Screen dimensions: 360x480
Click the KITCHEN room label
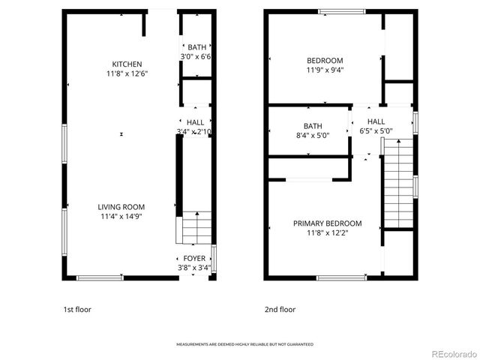coord(127,64)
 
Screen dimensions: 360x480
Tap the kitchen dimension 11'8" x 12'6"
coord(127,73)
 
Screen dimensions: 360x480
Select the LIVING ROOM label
coord(121,207)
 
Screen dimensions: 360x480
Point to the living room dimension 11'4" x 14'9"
coord(121,216)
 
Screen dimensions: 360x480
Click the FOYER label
coord(194,258)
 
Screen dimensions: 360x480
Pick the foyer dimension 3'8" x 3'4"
coord(194,267)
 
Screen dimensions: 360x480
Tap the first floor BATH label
coord(197,47)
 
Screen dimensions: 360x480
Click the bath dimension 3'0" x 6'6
coord(196,57)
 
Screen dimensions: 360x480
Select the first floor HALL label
coord(195,122)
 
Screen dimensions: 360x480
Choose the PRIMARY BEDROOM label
coord(327,223)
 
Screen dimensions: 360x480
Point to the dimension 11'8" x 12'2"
coord(327,232)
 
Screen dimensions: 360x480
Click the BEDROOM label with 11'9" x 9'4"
coord(325,61)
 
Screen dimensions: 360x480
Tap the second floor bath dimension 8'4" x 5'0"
coord(312,136)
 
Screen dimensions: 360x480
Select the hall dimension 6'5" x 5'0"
coord(376,130)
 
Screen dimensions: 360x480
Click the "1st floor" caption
coord(79,309)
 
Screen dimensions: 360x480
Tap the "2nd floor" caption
coord(280,309)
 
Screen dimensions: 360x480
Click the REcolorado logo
coord(448,352)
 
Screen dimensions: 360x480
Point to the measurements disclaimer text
coord(244,344)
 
